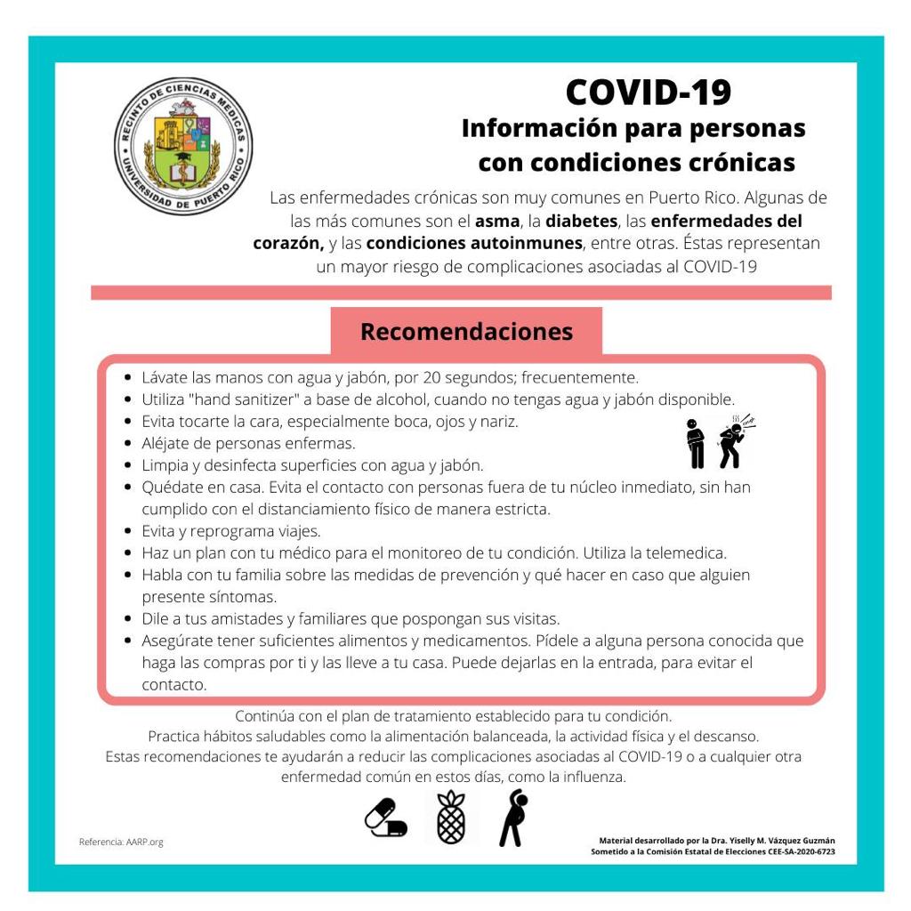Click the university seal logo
(182, 145)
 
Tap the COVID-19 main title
(648, 92)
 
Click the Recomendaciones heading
(466, 332)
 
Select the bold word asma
(496, 220)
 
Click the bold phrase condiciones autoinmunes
(473, 243)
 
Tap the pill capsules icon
(386, 817)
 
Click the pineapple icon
(451, 817)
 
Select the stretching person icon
(512, 817)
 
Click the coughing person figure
(735, 441)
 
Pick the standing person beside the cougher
(696, 443)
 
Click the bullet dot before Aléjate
(130, 443)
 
